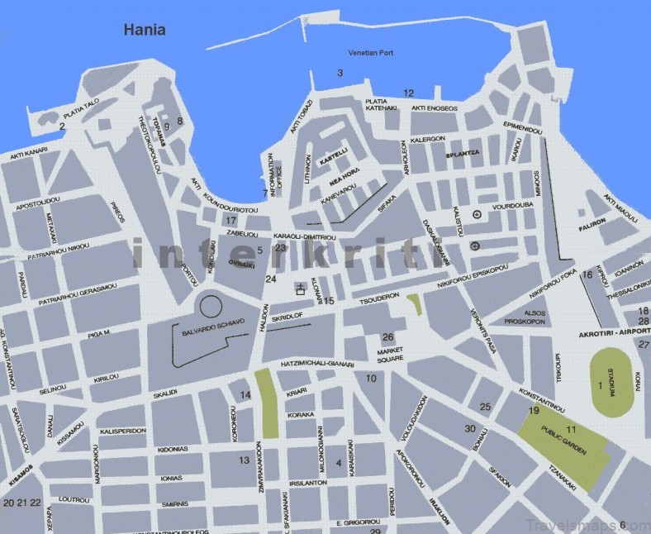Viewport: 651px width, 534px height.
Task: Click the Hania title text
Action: [x=145, y=31]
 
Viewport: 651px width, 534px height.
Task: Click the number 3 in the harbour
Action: [x=340, y=74]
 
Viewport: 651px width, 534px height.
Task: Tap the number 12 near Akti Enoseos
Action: [x=408, y=93]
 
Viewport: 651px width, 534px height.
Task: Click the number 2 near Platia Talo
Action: [x=62, y=126]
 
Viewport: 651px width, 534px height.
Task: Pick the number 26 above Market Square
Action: [x=387, y=336]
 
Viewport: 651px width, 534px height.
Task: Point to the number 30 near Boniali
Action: [x=470, y=428]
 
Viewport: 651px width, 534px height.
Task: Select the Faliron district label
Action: [x=592, y=222]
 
